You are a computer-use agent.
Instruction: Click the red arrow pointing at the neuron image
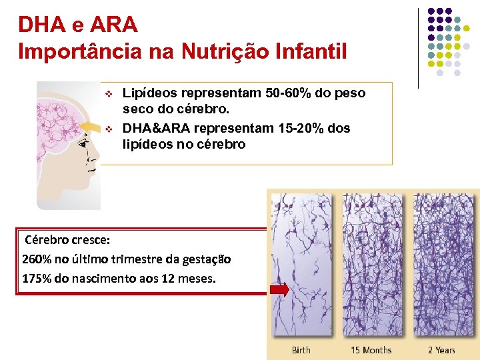279,289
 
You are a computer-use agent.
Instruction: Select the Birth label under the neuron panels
301,350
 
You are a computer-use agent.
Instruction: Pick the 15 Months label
371,350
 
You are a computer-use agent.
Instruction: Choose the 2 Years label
441,350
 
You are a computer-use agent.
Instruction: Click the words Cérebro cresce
67,239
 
